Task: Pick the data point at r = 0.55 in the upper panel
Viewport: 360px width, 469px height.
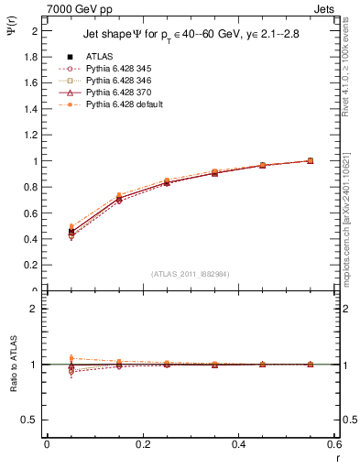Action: point(310,160)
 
